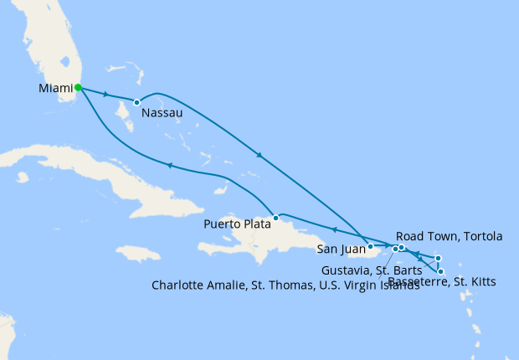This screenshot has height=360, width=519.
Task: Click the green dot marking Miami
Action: pos(77,87)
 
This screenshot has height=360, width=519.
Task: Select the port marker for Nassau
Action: pos(136,103)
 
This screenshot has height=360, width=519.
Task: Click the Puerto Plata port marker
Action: pos(275,218)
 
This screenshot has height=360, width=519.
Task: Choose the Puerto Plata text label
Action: pos(238,224)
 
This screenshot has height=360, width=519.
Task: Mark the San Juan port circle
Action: pos(370,246)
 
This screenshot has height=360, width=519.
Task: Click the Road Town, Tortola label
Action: pos(449,237)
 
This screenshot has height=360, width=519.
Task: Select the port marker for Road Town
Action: pos(402,247)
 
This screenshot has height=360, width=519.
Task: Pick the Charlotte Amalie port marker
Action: pos(395,249)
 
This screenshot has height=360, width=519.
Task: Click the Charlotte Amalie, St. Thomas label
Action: pos(285,285)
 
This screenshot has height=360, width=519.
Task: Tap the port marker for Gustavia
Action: pos(438,258)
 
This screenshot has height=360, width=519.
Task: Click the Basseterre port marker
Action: pos(440,271)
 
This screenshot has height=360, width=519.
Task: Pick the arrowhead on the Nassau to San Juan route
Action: pos(260,155)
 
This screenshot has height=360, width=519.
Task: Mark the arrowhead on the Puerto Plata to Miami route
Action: pos(171,165)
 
